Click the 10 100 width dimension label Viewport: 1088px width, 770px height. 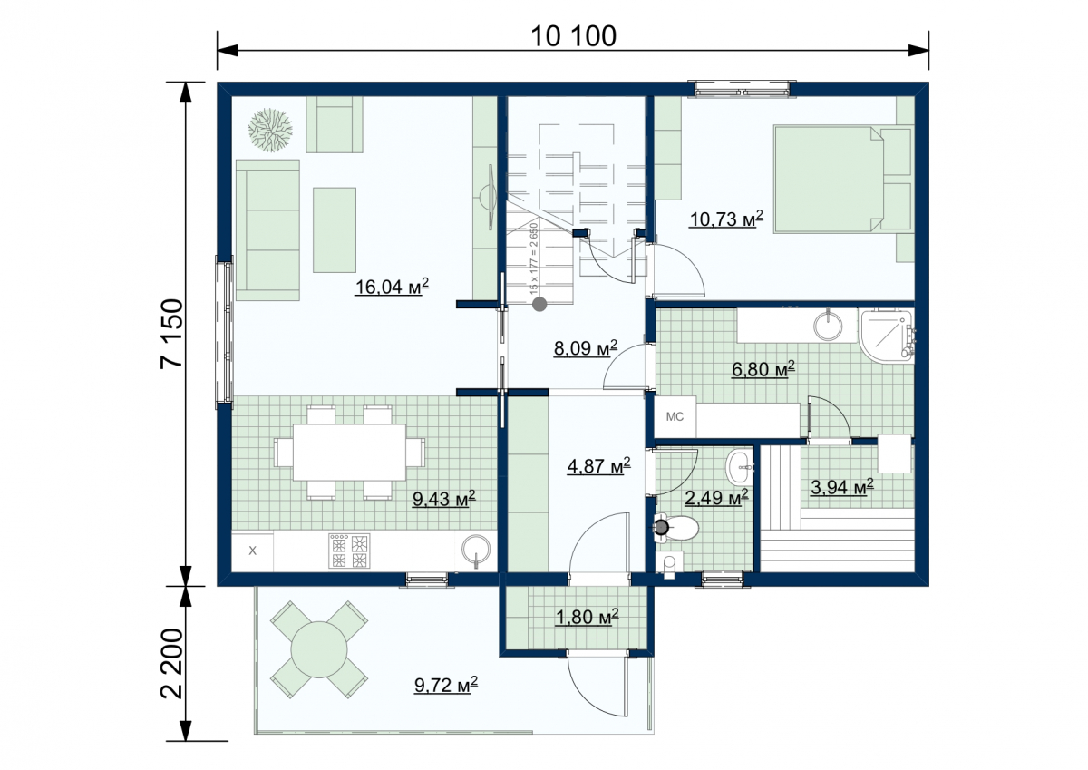tap(573, 36)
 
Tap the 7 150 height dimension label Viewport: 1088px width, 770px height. tap(172, 334)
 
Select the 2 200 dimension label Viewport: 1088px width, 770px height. tap(172, 664)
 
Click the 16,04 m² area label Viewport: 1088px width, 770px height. tap(392, 287)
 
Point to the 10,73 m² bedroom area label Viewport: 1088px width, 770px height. tap(726, 219)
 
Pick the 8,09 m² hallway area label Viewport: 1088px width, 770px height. tap(586, 348)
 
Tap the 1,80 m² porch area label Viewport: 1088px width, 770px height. tap(588, 617)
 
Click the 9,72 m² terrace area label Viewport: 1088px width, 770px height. tap(446, 685)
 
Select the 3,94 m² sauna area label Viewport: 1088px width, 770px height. tap(841, 487)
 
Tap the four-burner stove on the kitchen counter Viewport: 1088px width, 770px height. tap(349, 551)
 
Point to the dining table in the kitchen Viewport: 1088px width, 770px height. tap(349, 453)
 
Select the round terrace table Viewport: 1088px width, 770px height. tap(319, 649)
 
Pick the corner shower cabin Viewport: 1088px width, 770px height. tap(887, 336)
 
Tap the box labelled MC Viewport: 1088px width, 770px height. tap(675, 417)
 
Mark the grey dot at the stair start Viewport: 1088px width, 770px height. tap(539, 305)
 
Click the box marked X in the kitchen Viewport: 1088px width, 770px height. tap(252, 551)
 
